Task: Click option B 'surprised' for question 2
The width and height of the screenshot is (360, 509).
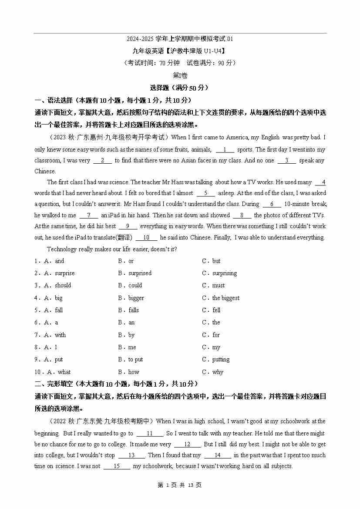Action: point(139,273)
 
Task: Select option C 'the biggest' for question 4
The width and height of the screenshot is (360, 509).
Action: point(225,298)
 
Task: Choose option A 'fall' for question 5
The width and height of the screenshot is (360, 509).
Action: point(58,310)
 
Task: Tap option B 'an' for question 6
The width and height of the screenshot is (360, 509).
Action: point(131,323)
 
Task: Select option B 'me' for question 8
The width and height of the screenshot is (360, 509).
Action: point(132,347)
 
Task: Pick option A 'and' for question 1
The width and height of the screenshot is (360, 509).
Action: point(59,261)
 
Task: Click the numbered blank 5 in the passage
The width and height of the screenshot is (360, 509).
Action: point(206,193)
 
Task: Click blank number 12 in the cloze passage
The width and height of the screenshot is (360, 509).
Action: point(187,445)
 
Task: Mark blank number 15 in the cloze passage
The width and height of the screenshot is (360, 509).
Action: point(116,466)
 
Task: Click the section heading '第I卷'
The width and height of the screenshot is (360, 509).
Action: point(180,75)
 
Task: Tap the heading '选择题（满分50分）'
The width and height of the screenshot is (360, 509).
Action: point(180,88)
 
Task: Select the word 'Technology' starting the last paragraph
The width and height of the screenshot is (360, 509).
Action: point(61,249)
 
